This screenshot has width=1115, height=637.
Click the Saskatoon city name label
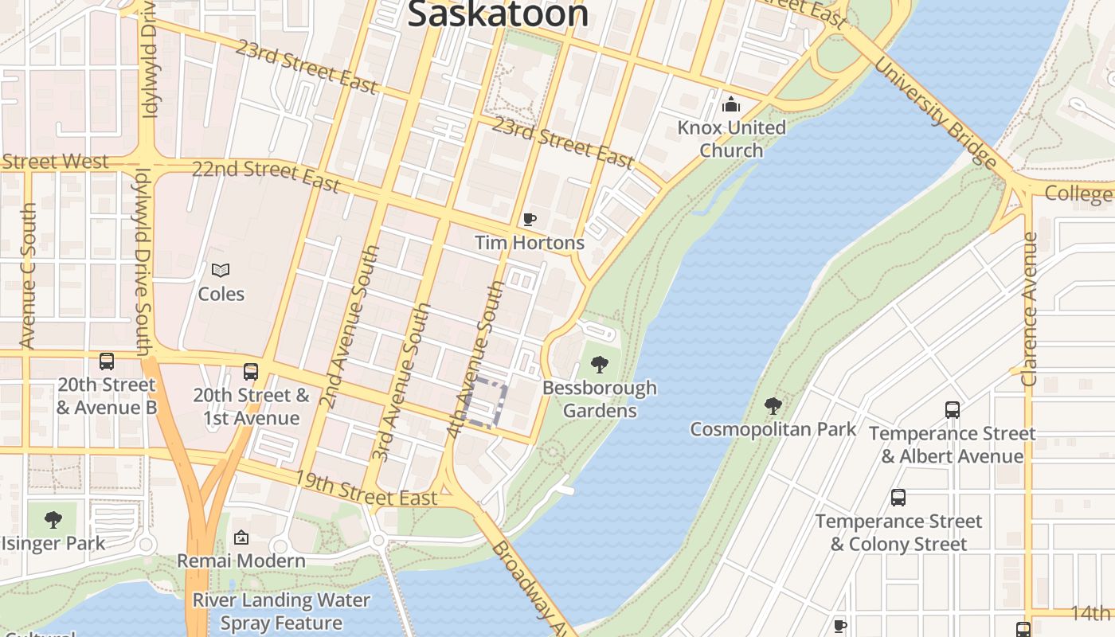coord(499,14)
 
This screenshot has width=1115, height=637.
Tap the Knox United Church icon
coord(730,104)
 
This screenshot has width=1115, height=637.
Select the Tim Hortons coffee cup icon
coord(530,219)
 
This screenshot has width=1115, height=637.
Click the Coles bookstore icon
coord(221,271)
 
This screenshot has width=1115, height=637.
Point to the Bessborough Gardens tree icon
coord(600,365)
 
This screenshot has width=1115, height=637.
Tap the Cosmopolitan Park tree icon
coord(773,406)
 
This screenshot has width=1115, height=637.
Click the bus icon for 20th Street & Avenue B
coord(107,361)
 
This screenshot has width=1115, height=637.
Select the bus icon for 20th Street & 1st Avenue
coord(251,372)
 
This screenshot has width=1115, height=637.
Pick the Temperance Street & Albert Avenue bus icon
coord(952,410)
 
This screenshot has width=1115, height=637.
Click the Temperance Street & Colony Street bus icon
coord(898,498)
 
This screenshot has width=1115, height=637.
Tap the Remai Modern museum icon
coord(241,538)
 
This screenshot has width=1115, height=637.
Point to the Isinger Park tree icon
coord(53,520)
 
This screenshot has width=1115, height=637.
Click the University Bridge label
coord(936,111)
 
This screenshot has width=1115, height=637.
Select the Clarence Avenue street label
coord(1030,309)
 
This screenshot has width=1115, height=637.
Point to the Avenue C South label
coord(28,276)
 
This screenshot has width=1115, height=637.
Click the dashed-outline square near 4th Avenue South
coord(484,403)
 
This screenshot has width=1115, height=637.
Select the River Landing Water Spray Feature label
coord(281,612)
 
